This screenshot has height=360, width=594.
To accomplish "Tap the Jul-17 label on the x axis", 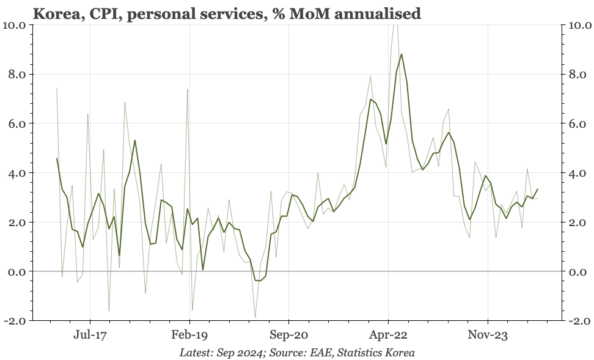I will [x=90, y=334].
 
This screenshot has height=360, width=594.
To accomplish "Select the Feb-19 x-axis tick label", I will [x=189, y=334].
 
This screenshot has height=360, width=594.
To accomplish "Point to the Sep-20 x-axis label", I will [x=288, y=334].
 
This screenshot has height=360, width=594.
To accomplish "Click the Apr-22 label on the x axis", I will [x=388, y=334].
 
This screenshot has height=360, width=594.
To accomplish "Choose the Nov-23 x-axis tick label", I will [x=488, y=334].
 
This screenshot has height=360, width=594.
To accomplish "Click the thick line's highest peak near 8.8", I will [x=402, y=54].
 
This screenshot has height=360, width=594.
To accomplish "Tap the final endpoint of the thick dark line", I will [x=537, y=189].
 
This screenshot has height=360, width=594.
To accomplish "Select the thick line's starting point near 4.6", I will [x=57, y=158].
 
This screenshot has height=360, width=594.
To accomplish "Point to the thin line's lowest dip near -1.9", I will [x=255, y=318].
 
